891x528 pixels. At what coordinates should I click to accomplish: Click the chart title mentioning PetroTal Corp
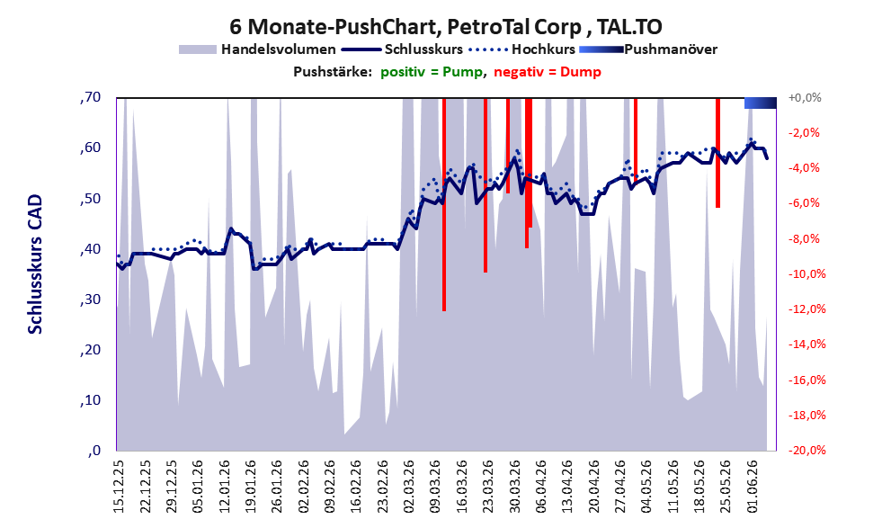tap(446, 27)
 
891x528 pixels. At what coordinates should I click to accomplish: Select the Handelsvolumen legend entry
tap(257, 49)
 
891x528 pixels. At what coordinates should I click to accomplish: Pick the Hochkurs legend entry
tap(522, 49)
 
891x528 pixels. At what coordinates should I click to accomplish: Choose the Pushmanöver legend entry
tap(648, 49)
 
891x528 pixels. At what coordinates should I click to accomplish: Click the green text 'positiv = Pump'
tap(432, 72)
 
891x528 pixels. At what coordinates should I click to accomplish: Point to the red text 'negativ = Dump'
tap(548, 72)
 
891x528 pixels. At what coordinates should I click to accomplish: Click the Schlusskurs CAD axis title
tap(35, 264)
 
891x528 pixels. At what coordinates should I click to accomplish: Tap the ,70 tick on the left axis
tap(90, 97)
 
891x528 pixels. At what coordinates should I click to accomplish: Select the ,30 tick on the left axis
tap(90, 300)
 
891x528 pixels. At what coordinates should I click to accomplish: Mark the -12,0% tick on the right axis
tap(806, 309)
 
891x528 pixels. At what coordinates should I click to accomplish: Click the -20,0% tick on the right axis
tap(806, 450)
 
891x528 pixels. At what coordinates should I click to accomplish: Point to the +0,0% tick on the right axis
tap(805, 98)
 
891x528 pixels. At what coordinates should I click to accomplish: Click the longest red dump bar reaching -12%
tap(444, 204)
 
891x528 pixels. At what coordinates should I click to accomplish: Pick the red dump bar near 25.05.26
tap(717, 153)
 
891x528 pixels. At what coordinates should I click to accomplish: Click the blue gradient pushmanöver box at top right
tap(761, 103)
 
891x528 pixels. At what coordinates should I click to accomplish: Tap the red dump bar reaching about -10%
tap(486, 185)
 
